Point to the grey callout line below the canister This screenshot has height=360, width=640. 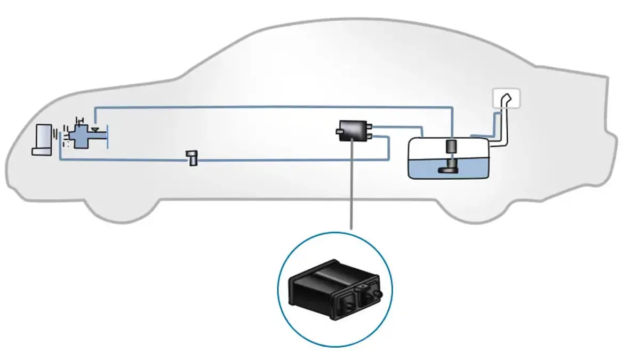click(x=351, y=187)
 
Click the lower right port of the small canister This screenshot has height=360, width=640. click(x=370, y=137)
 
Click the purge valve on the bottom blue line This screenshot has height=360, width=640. click(x=191, y=158)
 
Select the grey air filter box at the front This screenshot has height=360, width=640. click(x=42, y=140)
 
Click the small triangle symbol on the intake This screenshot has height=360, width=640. click(x=94, y=129)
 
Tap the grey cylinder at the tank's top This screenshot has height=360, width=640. click(x=452, y=146)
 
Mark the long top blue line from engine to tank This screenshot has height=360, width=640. click(x=267, y=107)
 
